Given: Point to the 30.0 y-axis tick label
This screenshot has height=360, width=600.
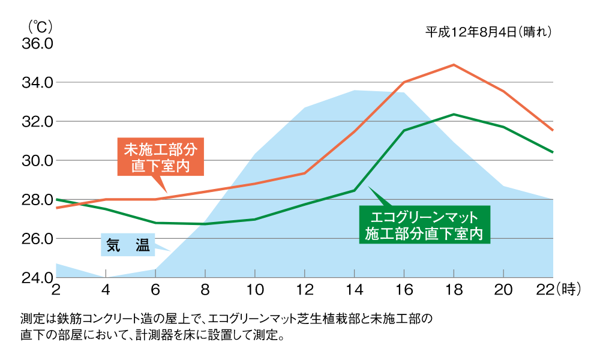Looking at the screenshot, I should coord(38,161).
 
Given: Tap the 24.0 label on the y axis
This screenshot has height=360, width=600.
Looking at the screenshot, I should coord(38,278).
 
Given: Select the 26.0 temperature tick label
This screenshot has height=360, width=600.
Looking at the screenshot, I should coord(38,239).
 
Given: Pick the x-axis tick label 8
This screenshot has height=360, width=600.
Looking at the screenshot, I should coord(205,290).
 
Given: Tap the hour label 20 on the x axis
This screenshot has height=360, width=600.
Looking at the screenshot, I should coord(503,290).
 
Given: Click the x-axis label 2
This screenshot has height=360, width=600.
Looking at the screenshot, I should coord(56,290).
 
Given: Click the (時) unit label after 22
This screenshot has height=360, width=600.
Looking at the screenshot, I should coord(569,290).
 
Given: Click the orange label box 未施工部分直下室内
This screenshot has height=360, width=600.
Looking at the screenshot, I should coord(160,157).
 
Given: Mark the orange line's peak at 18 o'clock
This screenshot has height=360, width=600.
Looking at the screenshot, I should coord(454,64).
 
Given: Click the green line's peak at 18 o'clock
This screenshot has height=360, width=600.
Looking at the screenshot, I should coord(454,114).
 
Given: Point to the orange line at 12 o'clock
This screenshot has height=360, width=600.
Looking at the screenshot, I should coord(304,173).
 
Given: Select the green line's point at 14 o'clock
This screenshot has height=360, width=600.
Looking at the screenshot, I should coord(354,190).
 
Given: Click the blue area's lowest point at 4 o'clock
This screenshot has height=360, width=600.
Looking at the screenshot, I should coord(106,277).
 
